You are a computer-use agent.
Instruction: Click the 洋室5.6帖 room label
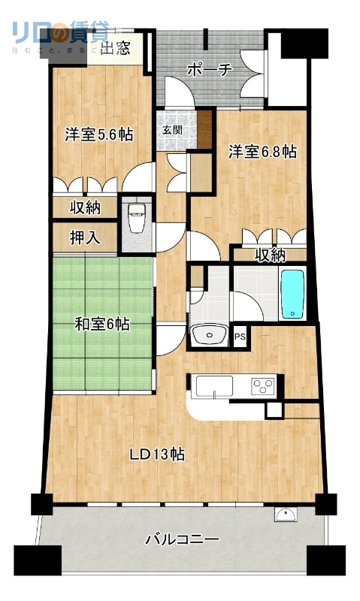click(x=98, y=135)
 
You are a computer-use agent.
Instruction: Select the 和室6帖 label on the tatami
click(x=102, y=325)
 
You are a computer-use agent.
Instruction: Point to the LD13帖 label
click(x=158, y=455)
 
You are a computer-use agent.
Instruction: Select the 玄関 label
click(x=171, y=128)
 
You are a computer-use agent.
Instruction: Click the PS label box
click(x=240, y=337)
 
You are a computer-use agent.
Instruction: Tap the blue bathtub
click(x=292, y=294)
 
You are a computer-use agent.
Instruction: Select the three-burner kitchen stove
click(x=262, y=387)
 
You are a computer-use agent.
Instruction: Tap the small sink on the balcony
click(x=286, y=515)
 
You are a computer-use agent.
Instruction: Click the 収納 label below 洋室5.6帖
click(x=86, y=207)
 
